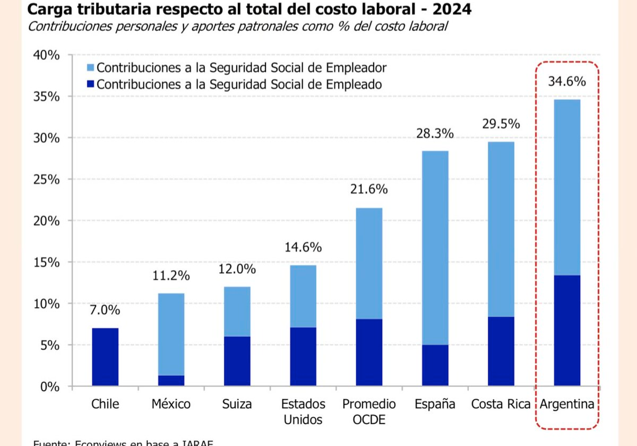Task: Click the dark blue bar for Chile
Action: (105, 357)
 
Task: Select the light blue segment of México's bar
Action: (171, 334)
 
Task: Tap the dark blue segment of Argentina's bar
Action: (567, 330)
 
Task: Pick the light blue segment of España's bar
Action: (435, 248)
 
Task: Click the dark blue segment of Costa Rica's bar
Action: (501, 351)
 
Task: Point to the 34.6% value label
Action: (567, 82)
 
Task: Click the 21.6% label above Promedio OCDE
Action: (369, 190)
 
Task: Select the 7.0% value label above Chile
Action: (105, 310)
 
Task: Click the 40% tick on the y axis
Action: (47, 55)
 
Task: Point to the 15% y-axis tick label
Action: (47, 262)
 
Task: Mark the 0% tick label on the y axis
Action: (50, 386)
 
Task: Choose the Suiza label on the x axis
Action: (237, 404)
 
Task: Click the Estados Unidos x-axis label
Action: (303, 411)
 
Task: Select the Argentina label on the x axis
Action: (567, 404)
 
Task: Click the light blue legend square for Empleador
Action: (91, 68)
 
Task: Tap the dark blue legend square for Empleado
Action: (91, 84)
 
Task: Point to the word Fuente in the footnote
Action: (50, 442)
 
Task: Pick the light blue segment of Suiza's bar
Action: (237, 312)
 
